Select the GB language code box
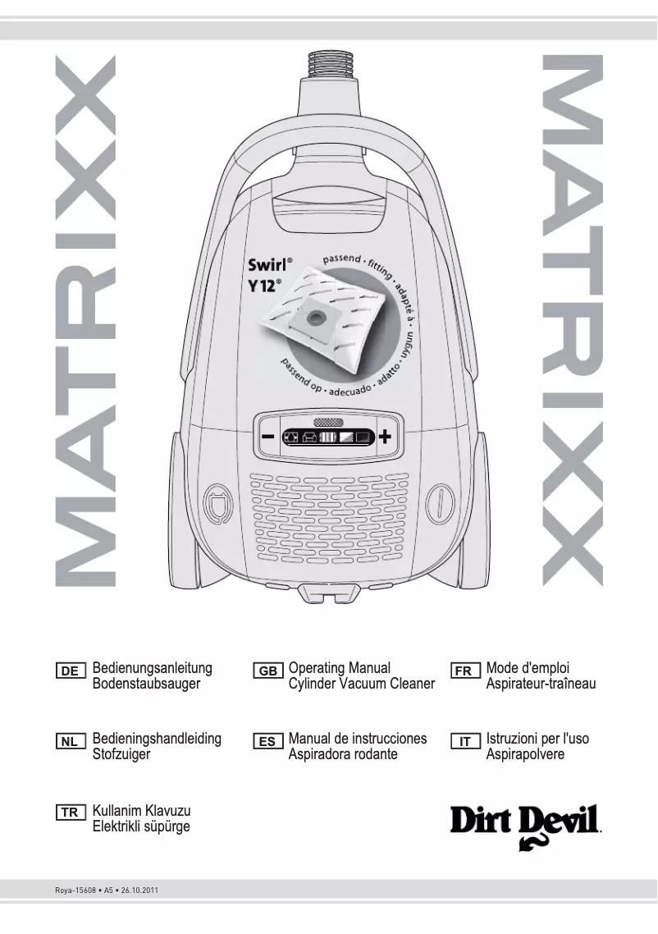point(268,671)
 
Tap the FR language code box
point(464,671)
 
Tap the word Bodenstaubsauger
point(147,683)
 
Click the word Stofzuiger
point(121,754)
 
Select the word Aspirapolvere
point(525,754)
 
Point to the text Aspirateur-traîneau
point(541,683)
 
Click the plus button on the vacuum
point(385,437)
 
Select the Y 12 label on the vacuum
point(266,289)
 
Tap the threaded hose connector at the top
point(329,62)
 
